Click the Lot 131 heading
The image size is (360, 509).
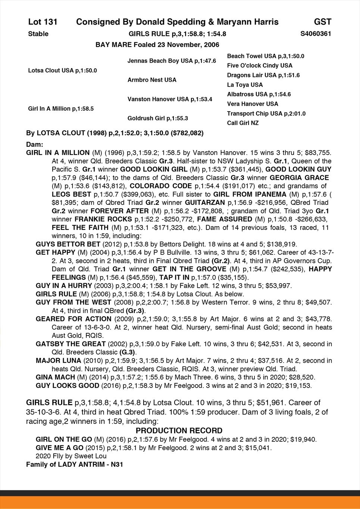point(43,22)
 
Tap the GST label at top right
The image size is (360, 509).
point(322,22)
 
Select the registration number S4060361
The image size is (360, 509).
point(316,34)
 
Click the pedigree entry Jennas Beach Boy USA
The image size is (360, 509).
point(172,61)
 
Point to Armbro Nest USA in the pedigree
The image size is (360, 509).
point(152,80)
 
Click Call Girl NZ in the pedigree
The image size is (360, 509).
point(243,123)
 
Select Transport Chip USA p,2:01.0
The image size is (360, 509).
point(266,113)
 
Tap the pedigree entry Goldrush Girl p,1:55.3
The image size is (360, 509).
point(157,118)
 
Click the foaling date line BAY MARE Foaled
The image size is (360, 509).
point(157,45)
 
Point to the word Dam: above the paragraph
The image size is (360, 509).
point(35,144)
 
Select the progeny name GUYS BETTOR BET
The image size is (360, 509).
point(68,244)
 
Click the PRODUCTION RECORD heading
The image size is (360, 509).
point(179,431)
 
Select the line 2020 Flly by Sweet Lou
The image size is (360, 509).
point(71,456)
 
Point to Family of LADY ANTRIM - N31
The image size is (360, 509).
point(74,465)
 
